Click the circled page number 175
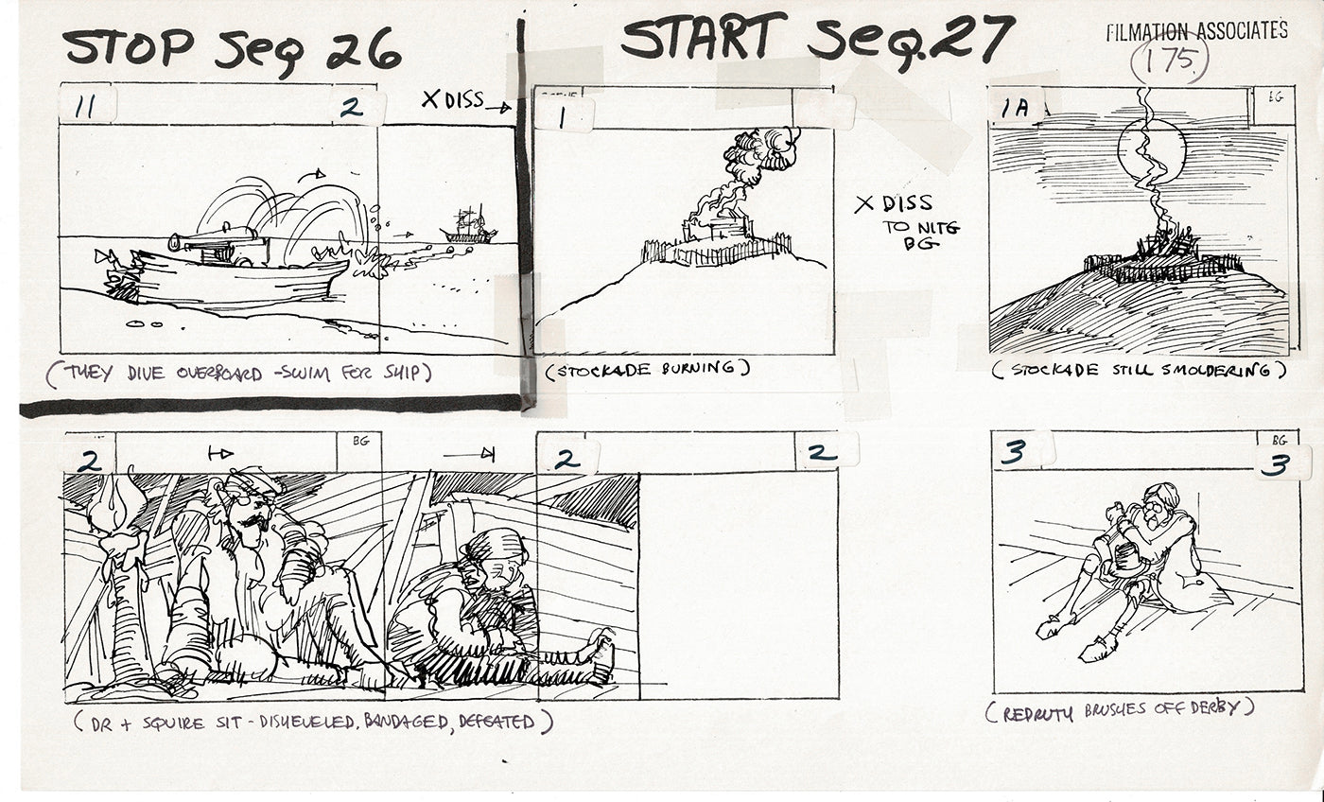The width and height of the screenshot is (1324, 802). point(1169,63)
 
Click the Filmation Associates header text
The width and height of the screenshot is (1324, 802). point(1196,30)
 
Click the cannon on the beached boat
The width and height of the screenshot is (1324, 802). point(213,240)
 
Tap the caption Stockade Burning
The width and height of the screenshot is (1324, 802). point(647,369)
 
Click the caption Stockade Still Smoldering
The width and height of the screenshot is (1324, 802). point(1139,371)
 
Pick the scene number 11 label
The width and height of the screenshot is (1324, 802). point(84,107)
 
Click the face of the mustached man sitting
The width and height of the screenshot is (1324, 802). point(248,515)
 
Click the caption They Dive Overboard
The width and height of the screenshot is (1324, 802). point(236,374)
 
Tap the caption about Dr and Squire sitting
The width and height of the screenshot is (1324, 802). point(312,723)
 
